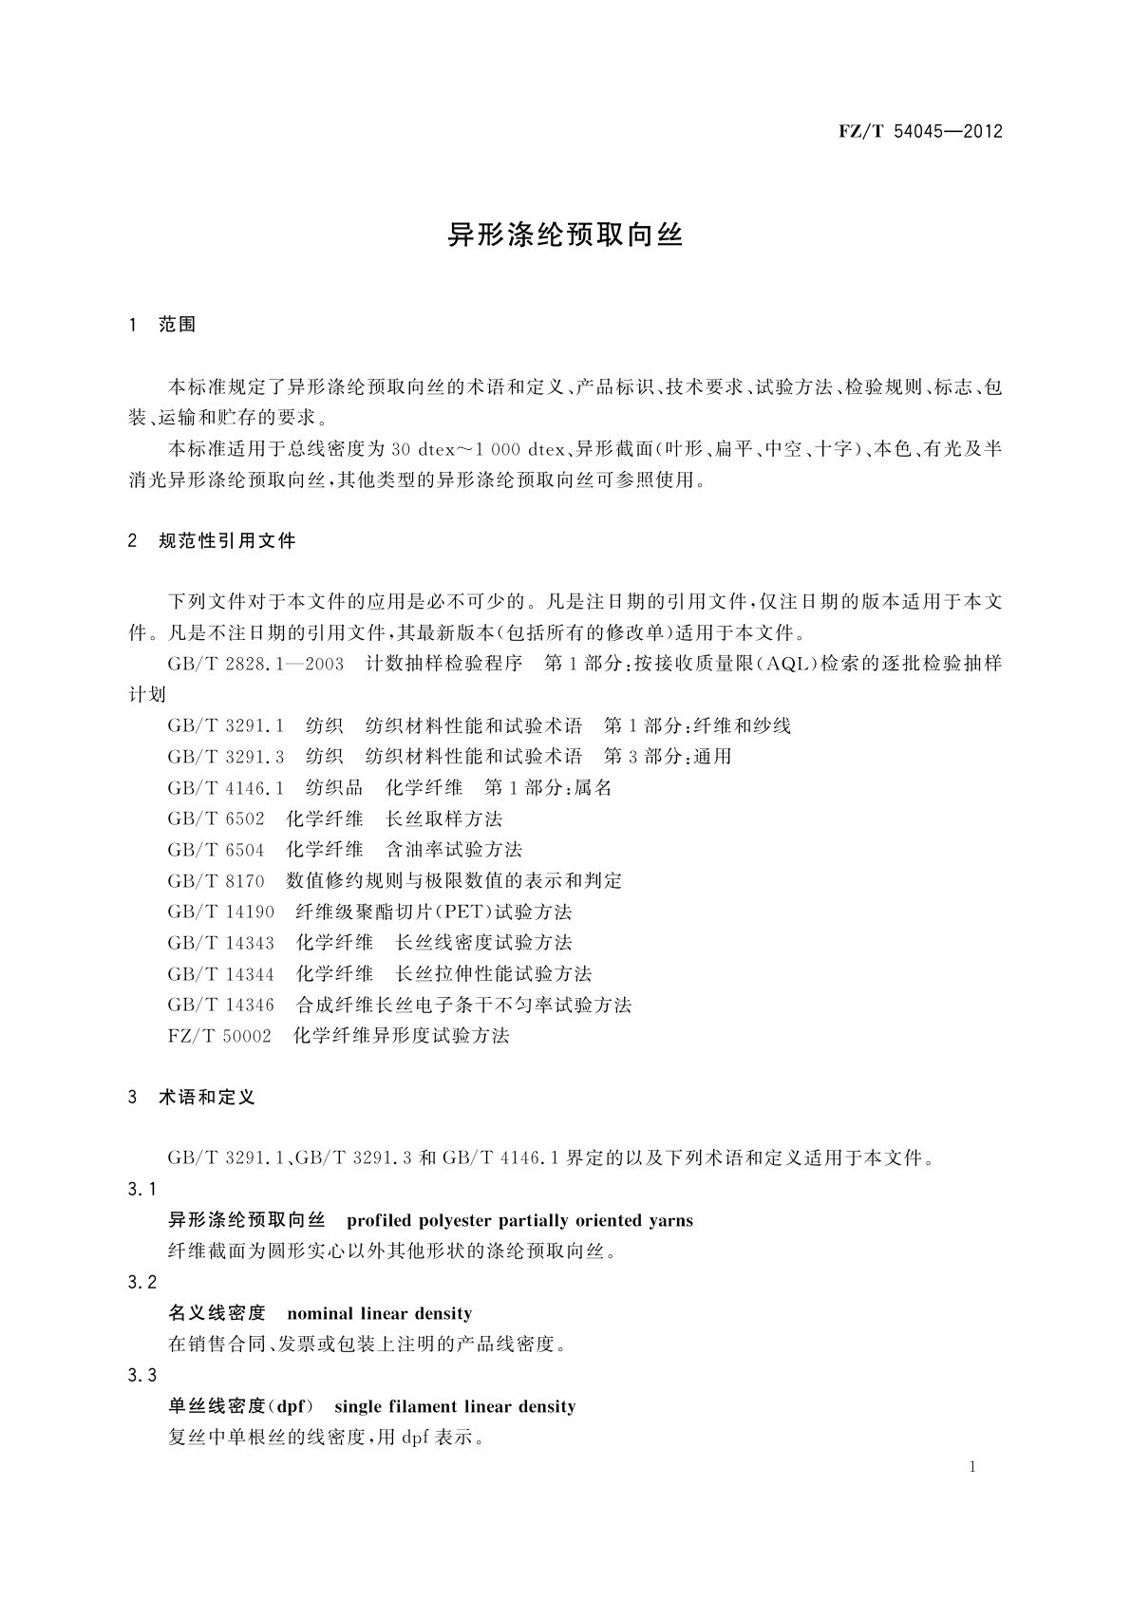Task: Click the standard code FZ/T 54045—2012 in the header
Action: click(x=920, y=132)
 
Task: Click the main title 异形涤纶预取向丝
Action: click(x=565, y=235)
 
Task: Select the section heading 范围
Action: click(x=178, y=325)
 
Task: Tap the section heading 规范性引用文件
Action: click(x=228, y=541)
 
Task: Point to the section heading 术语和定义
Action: click(x=207, y=1098)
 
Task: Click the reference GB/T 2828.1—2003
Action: click(x=255, y=664)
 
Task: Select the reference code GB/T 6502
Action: click(x=216, y=818)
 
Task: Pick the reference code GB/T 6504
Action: click(x=216, y=850)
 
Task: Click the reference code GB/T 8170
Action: click(x=216, y=881)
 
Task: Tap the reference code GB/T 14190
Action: click(x=220, y=912)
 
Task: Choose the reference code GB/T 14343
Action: click(x=220, y=943)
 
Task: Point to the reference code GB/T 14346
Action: click(x=220, y=1005)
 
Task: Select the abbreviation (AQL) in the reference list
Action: click(x=784, y=664)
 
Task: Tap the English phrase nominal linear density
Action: click(x=379, y=1314)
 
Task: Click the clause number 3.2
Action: click(x=141, y=1283)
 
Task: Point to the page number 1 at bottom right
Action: click(x=973, y=1467)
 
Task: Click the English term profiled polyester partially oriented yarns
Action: click(x=519, y=1221)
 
